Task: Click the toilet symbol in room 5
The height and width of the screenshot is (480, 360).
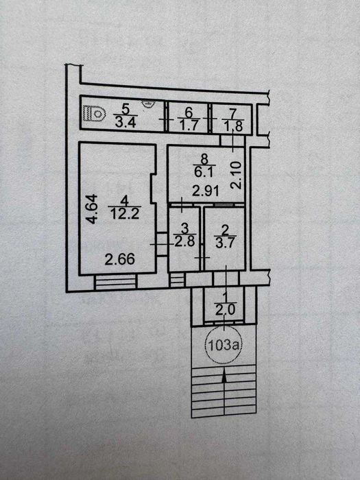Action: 95,114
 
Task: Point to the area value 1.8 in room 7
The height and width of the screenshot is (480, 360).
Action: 232,125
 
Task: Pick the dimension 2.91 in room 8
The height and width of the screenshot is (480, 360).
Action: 206,191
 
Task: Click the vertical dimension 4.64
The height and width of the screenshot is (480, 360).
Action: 93,208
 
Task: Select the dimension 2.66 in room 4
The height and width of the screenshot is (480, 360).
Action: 120,260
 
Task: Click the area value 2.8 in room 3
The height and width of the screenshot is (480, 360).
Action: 184,242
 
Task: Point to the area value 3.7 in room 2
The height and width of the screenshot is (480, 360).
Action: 225,243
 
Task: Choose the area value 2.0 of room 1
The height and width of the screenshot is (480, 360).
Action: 225,310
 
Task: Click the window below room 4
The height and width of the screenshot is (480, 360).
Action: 115,282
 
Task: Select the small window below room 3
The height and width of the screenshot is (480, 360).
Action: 177,280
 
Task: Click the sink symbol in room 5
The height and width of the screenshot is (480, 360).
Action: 148,104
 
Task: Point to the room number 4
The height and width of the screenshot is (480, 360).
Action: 124,202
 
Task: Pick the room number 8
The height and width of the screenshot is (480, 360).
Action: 204,159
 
